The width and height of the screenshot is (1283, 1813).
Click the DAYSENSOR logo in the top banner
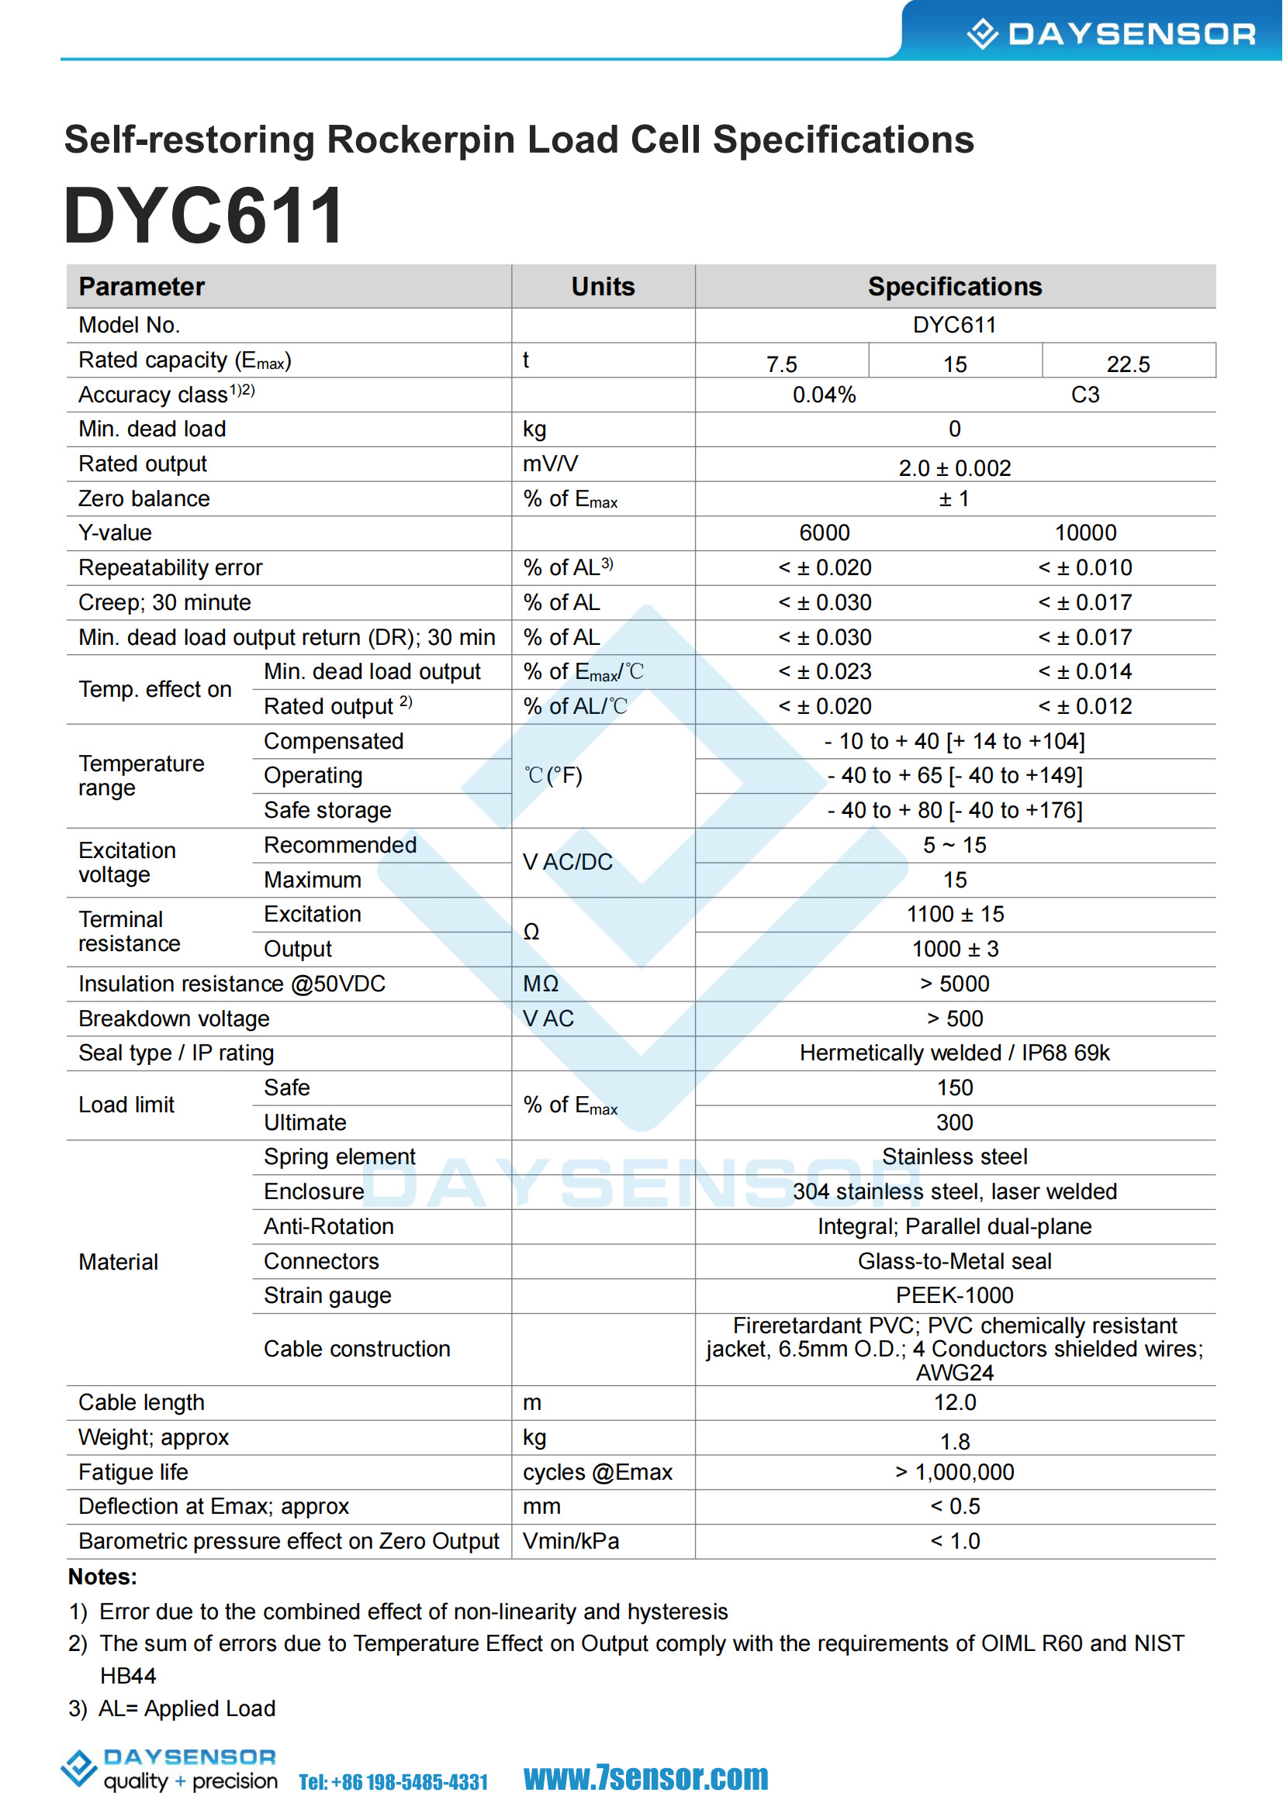pos(1110,33)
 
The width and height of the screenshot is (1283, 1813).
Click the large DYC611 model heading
pos(204,215)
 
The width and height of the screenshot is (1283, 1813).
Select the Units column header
pos(603,287)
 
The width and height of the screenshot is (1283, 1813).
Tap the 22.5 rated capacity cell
pos(1127,364)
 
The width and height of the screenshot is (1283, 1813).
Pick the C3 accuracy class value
pos(1084,395)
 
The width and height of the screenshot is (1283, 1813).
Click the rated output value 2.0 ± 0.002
pos(954,468)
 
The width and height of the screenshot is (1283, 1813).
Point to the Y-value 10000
pos(1085,533)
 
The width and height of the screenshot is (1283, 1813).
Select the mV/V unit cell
pos(550,464)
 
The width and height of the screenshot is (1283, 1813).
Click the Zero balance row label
pos(144,499)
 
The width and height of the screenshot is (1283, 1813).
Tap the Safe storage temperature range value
pos(954,810)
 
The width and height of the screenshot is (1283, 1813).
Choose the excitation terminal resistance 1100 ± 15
pos(954,915)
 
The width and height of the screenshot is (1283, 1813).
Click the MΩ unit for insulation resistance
pos(541,984)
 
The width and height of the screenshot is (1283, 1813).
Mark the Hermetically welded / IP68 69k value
pos(954,1053)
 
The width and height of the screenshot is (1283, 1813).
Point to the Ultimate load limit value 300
pos(954,1123)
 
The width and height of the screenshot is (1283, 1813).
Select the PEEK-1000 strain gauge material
pos(954,1296)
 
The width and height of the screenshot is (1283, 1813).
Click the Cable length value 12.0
pos(954,1403)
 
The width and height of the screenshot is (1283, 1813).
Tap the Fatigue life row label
pos(133,1473)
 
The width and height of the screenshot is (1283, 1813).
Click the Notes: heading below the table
pos(102,1577)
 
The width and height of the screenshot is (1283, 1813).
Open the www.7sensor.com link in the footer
pos(645,1777)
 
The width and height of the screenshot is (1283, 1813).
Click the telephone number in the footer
pos(393,1782)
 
